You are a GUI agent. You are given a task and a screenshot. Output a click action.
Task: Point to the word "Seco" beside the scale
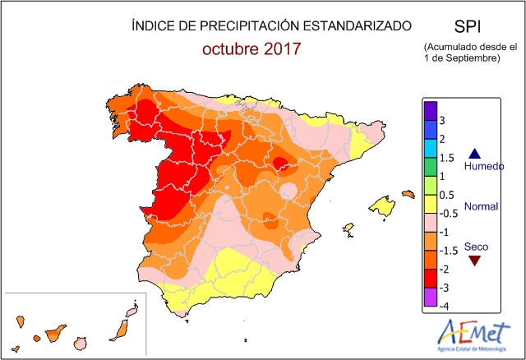tap(476, 246)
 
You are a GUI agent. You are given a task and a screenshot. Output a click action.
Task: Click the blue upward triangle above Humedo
tap(474, 153)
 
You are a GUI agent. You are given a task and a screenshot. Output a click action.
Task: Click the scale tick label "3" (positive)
tap(443, 121)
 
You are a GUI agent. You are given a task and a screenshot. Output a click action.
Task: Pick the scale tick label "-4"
tap(444, 306)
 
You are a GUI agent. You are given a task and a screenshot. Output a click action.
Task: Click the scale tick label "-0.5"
tap(448, 214)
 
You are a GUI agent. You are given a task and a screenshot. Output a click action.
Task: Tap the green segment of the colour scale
tap(430, 167)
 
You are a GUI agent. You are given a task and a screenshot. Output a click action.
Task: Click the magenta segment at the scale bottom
tap(430, 297)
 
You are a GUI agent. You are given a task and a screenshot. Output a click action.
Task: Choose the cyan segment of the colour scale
tap(430, 148)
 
